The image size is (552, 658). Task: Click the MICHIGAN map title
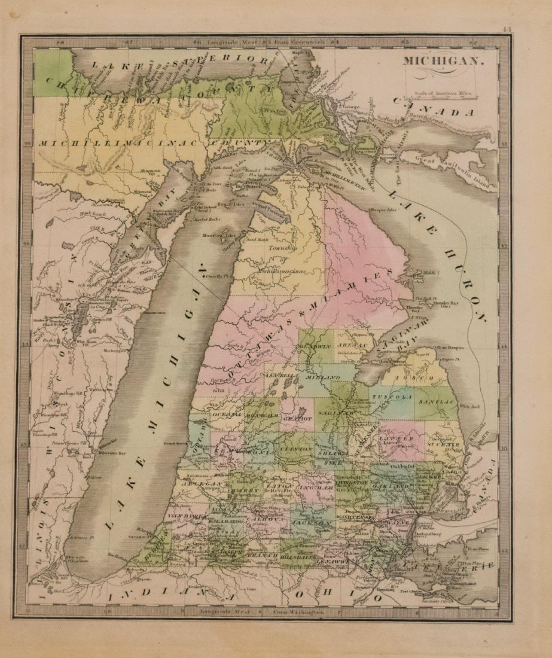coord(441,61)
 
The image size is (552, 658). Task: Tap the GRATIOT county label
coord(296,419)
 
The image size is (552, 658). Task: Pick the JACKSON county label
coord(312,523)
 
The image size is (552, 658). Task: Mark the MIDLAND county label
coord(323,378)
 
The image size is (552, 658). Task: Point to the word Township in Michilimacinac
coord(282,247)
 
